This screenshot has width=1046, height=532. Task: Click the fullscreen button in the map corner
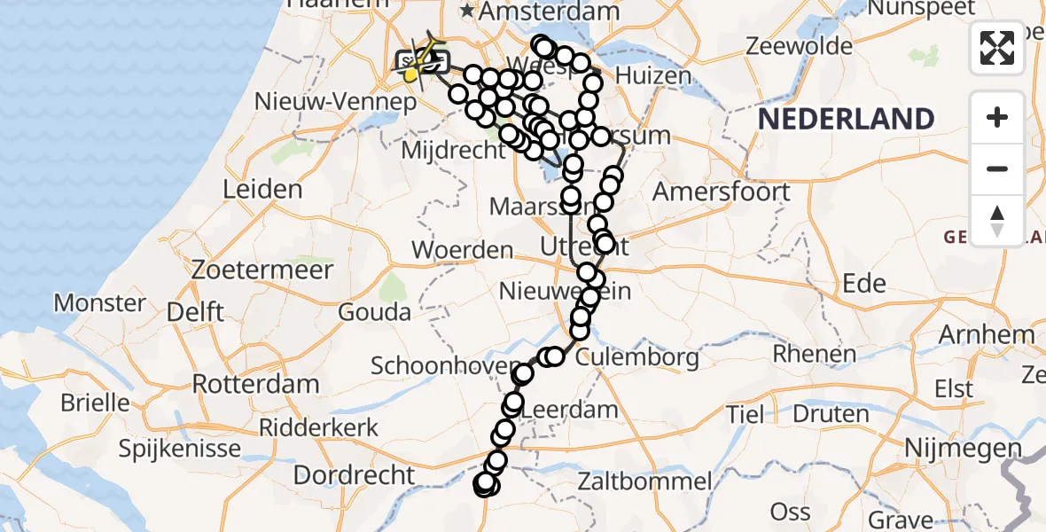click(997, 47)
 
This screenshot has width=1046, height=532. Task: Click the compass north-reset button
click(997, 221)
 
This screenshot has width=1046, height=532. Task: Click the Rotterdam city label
click(255, 385)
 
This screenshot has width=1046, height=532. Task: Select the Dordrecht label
click(354, 474)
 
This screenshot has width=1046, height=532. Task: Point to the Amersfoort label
click(721, 192)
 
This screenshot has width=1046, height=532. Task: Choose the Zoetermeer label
click(266, 270)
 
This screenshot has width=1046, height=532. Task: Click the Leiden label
click(262, 189)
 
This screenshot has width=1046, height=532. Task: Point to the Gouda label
click(374, 312)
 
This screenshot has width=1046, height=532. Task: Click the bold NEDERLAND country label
click(846, 119)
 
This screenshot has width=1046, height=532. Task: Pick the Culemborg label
click(636, 358)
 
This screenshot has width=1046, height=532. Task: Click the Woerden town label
click(463, 251)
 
